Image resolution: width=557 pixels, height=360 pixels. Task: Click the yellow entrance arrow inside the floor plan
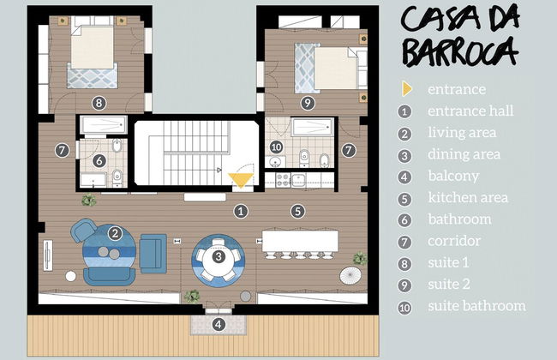click(241, 179)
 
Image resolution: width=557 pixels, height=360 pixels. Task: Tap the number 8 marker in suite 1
click(99, 104)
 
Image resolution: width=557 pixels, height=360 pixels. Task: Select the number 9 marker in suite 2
click(308, 104)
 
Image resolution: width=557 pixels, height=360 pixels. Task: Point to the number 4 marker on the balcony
click(219, 324)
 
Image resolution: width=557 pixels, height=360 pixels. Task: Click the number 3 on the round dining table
click(219, 255)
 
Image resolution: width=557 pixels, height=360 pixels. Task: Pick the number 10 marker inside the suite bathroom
click(276, 147)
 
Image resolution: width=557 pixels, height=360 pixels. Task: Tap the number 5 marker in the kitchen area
click(296, 211)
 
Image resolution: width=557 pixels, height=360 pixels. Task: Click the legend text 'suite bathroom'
click(476, 306)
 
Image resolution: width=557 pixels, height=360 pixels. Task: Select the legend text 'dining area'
click(464, 154)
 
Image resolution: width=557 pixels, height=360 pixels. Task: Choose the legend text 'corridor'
click(453, 241)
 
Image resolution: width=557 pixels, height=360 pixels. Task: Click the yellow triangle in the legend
click(405, 89)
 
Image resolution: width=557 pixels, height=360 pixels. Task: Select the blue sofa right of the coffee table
click(153, 250)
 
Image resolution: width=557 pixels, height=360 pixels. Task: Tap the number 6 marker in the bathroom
click(99, 160)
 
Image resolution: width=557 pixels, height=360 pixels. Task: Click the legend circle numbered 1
click(405, 111)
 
